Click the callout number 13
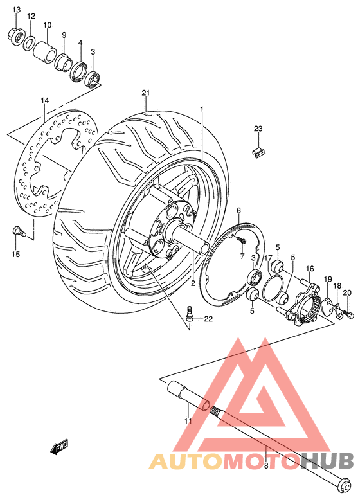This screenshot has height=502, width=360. [17, 10]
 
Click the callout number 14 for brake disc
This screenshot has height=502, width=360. [45, 101]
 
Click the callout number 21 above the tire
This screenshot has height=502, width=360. [146, 94]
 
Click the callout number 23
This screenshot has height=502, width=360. [258, 129]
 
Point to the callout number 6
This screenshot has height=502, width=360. [238, 210]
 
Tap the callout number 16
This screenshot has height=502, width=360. [309, 269]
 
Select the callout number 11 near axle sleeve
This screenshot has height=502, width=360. [188, 422]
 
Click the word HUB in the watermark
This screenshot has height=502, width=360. [327, 461]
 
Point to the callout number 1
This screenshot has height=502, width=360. [201, 110]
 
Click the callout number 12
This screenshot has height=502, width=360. [31, 15]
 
